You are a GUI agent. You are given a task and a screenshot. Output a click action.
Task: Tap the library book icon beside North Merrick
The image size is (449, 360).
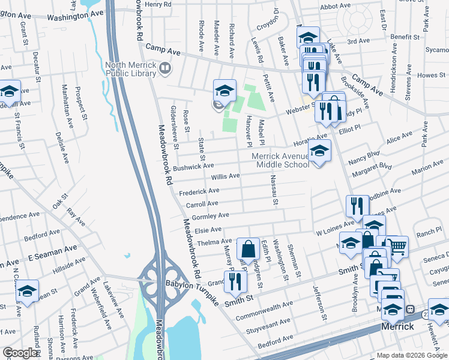(x=164, y=70)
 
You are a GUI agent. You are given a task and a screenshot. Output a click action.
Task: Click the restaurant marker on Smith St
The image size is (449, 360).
(x=235, y=281)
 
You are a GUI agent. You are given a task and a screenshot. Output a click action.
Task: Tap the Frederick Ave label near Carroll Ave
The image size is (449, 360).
(x=199, y=191)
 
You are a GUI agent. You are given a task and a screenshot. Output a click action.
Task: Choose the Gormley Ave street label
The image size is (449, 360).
(x=208, y=215)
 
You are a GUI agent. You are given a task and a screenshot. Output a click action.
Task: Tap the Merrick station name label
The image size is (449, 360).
(x=398, y=326)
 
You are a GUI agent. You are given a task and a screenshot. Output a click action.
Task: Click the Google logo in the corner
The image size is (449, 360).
(x=20, y=353)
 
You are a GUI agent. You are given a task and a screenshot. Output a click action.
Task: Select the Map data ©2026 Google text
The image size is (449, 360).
(x=412, y=355)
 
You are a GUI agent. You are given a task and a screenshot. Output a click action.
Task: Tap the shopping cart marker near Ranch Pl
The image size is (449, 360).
(x=397, y=245)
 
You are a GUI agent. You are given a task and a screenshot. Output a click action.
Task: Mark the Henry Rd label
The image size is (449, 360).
(x=158, y=4)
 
